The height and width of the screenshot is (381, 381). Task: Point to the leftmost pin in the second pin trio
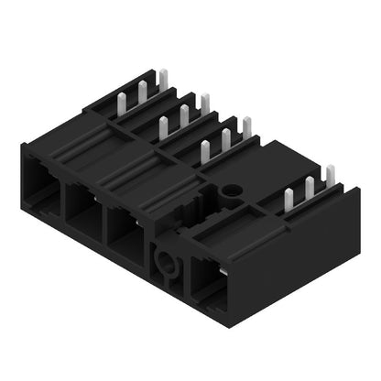pyautogui.click(x=163, y=126)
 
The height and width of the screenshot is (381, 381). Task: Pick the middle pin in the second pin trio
pyautogui.click(x=183, y=115)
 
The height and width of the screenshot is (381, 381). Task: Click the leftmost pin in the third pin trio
pyautogui.click(x=204, y=149)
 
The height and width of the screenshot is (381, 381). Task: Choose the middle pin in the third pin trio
pyautogui.click(x=225, y=139)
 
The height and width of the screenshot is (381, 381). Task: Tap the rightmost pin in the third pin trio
pyautogui.click(x=245, y=127)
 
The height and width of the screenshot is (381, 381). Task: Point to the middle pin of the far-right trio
pyautogui.click(x=309, y=186)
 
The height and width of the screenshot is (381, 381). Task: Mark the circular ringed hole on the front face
pyautogui.click(x=166, y=264)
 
